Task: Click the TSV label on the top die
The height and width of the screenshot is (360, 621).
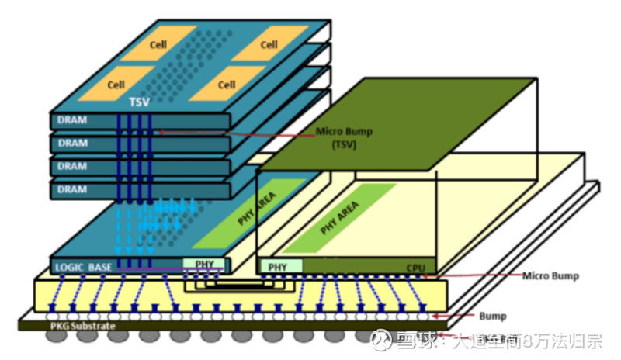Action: coord(139,102)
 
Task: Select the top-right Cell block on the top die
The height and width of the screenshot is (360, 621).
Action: coord(269,44)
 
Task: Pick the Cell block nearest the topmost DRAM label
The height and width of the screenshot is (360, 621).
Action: coord(116,84)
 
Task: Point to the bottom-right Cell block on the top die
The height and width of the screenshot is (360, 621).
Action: coord(226,85)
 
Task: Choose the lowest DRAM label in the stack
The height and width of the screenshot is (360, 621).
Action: coord(73,189)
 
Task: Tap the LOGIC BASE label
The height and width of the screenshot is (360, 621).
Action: coord(85,268)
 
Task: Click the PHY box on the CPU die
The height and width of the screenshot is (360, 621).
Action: coord(278,268)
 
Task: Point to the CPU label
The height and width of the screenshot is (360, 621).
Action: coord(417,268)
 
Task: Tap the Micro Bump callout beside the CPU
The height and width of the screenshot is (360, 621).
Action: coord(550,275)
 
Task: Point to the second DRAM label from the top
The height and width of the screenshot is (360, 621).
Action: coord(73,144)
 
